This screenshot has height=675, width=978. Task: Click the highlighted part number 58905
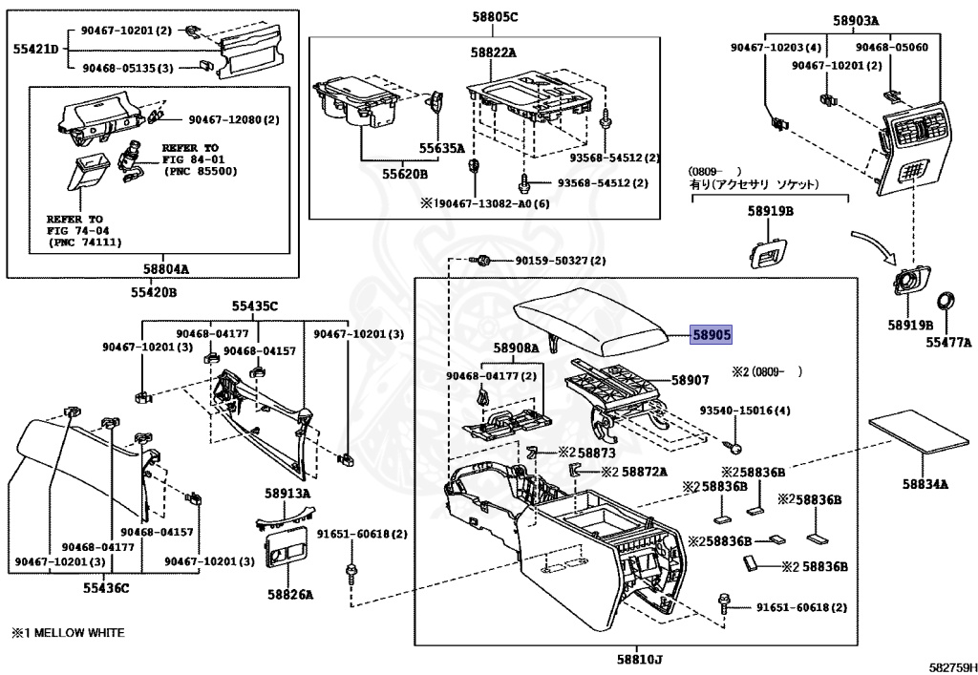[x=712, y=334]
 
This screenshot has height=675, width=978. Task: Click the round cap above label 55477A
[x=946, y=302]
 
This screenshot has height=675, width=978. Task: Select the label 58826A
[x=289, y=594]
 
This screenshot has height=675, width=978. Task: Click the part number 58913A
[x=287, y=494]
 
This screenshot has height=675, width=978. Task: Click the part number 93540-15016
[x=745, y=411]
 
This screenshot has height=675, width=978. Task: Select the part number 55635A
[x=441, y=148]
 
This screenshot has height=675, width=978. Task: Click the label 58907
[x=690, y=380]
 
